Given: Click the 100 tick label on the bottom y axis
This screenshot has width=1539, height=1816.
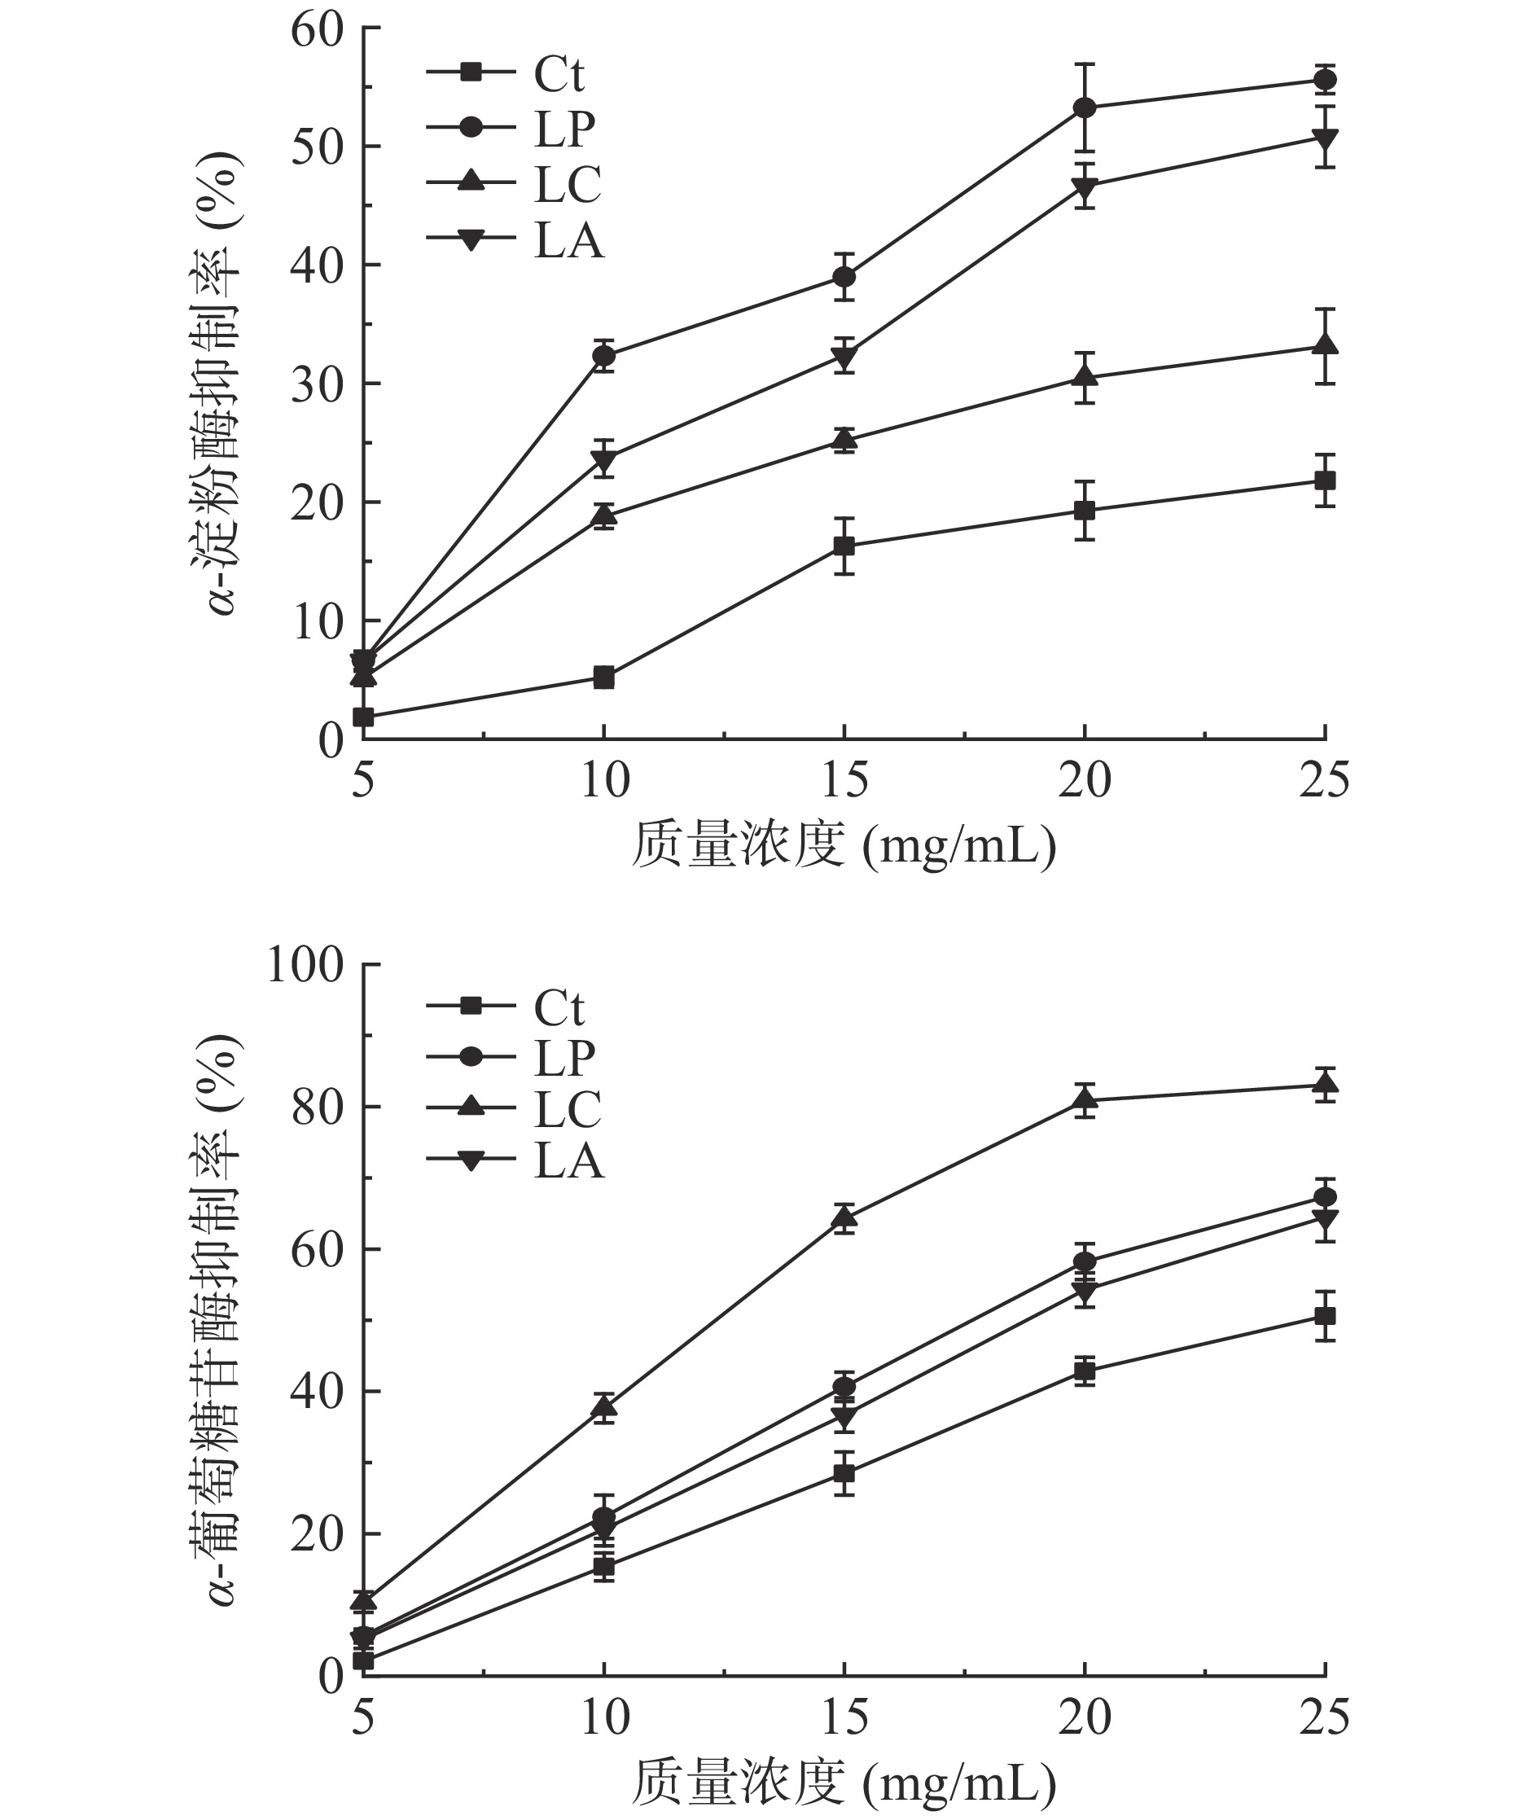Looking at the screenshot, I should [305, 965].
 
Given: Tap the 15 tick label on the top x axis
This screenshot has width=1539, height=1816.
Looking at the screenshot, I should [844, 779].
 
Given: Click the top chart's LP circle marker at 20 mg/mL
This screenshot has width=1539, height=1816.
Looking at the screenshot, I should [1085, 108].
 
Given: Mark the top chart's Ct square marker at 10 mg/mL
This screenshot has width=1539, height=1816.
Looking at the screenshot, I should [603, 678].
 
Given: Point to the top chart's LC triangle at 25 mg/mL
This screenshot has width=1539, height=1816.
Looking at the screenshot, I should [1324, 344].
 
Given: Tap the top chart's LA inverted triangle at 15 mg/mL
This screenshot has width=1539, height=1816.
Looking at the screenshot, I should [844, 357].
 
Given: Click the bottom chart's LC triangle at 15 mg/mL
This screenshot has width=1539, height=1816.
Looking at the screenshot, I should [844, 1217].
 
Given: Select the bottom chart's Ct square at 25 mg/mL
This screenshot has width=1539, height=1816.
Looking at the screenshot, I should [1324, 1316].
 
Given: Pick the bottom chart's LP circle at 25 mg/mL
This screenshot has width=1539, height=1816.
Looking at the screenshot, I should [1324, 1196].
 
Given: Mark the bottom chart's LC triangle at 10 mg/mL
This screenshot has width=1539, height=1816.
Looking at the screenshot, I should [603, 1406].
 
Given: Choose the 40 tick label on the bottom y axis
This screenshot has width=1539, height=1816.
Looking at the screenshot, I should [317, 1391].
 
